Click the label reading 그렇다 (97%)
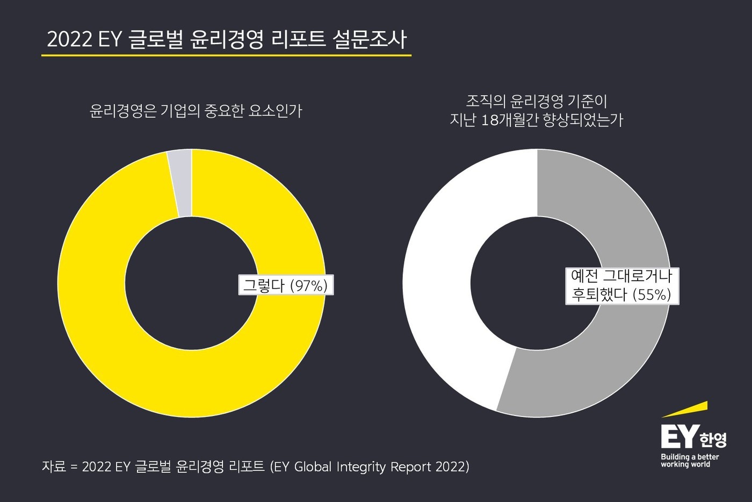[286, 285]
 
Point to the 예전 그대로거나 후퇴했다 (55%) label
[621, 286]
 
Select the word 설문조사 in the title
[370, 40]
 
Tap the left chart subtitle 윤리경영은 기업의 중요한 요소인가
[196, 111]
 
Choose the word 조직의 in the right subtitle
[487, 101]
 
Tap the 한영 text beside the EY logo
[713, 440]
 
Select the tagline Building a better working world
[689, 461]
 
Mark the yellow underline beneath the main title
[226, 55]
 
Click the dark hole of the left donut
[191, 284]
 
